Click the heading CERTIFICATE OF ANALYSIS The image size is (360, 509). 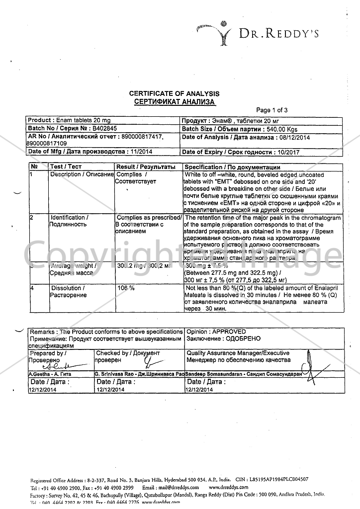click(x=174, y=93)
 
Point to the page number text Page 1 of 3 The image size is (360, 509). click(x=271, y=110)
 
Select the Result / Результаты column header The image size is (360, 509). click(x=145, y=167)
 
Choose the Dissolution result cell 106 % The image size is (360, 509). click(x=126, y=288)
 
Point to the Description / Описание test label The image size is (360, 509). click(x=82, y=174)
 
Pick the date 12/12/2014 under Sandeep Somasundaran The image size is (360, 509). click(x=199, y=390)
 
